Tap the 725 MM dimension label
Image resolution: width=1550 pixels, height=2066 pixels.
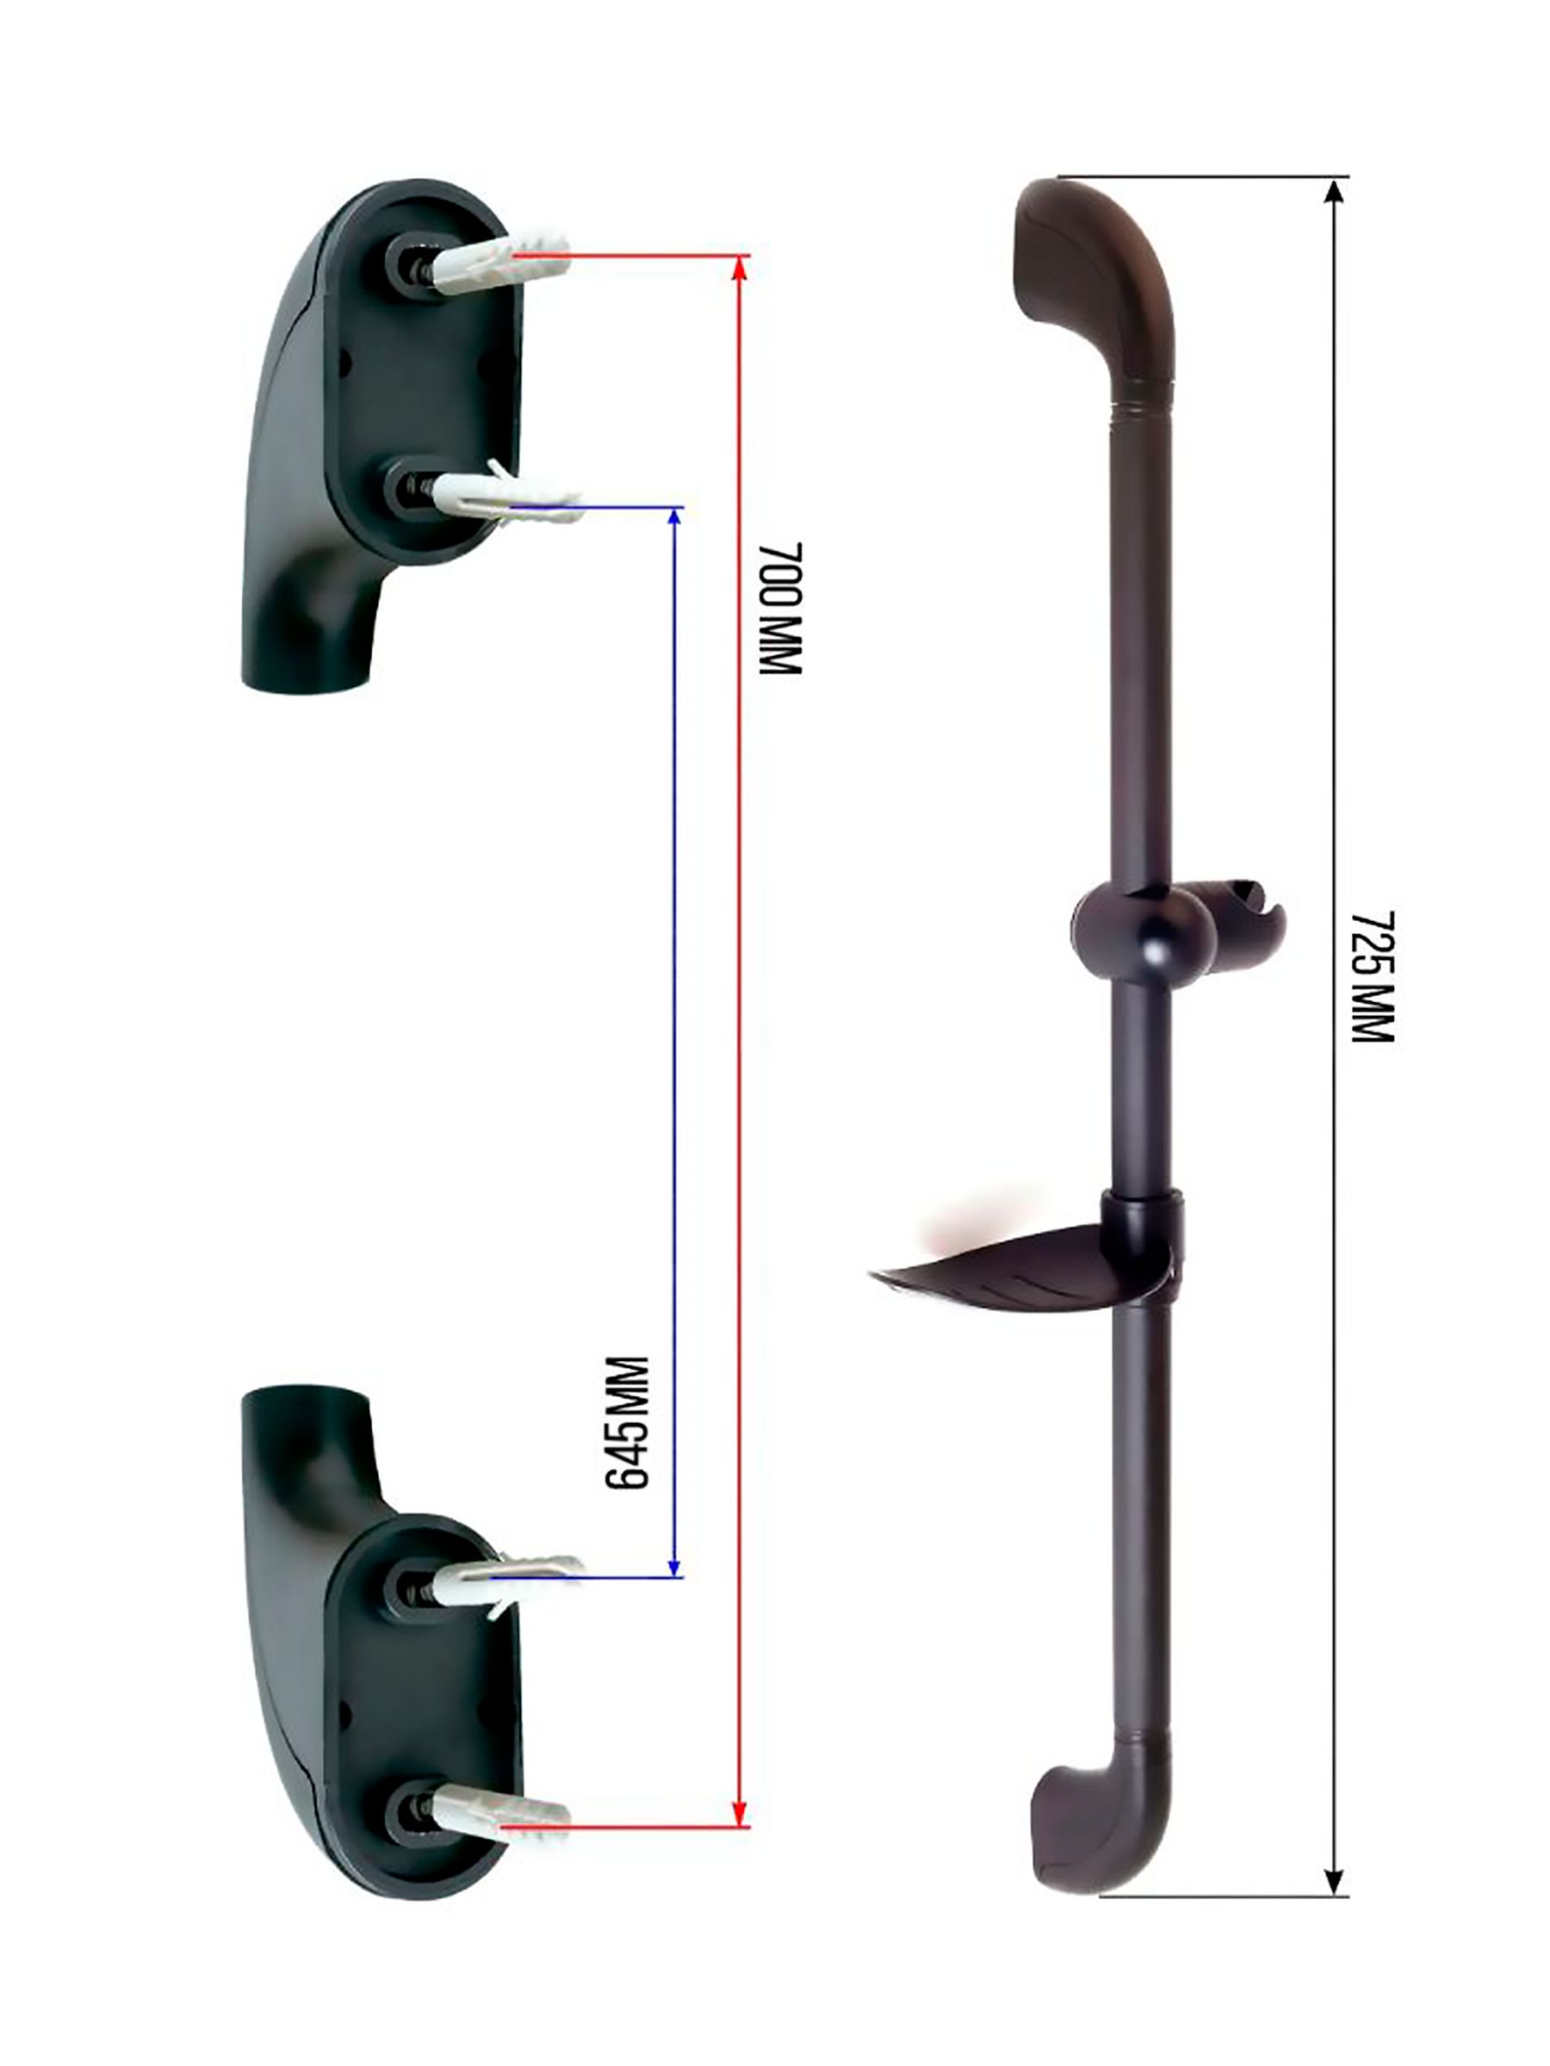1372,976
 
